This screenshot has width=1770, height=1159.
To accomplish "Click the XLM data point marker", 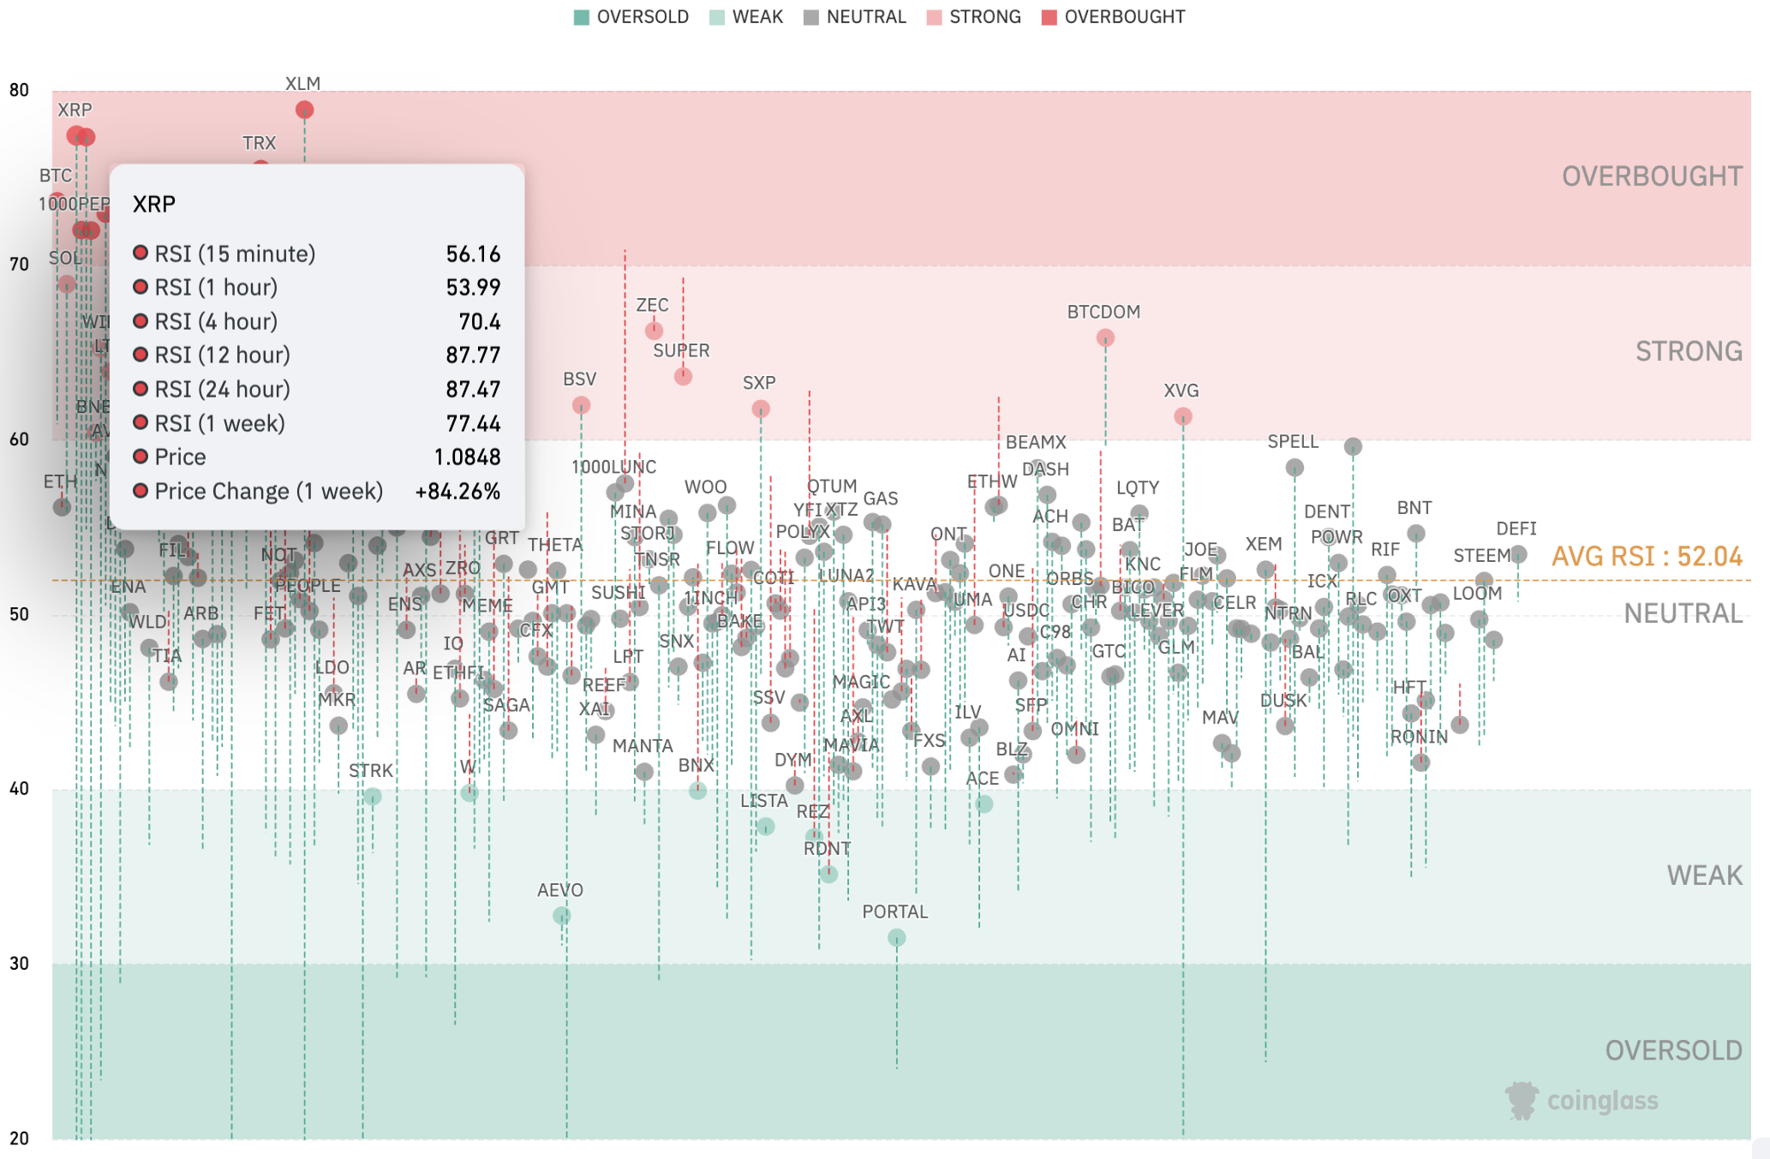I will (x=304, y=110).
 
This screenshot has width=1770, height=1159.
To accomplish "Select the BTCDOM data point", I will (x=1105, y=338).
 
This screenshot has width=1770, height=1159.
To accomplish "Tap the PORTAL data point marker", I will (x=896, y=938).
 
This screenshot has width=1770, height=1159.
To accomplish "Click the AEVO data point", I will (x=562, y=916).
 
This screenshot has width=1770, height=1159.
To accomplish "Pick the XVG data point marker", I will (x=1182, y=416).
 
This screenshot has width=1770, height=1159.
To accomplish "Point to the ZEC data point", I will (x=654, y=330).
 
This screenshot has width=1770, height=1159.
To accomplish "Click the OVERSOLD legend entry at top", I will (x=631, y=17).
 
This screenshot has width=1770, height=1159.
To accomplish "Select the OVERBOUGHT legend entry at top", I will (x=1113, y=17).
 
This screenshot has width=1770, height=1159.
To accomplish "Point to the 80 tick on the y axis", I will (x=19, y=90).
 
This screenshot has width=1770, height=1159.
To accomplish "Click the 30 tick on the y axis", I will (x=19, y=964).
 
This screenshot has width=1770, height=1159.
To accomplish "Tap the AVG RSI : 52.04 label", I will (x=1647, y=557).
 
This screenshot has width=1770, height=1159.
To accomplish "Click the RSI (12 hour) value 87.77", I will (x=473, y=355).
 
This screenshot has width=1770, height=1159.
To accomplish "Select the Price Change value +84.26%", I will (x=457, y=492).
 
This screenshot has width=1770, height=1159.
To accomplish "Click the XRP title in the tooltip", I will (x=154, y=204).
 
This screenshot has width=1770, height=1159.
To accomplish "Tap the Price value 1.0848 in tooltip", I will (x=467, y=457).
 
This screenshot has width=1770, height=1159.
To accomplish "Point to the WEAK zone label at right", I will (x=1704, y=875).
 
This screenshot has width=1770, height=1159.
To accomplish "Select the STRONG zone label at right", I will (x=1689, y=351).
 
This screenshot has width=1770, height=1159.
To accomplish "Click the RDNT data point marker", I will (x=828, y=874).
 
